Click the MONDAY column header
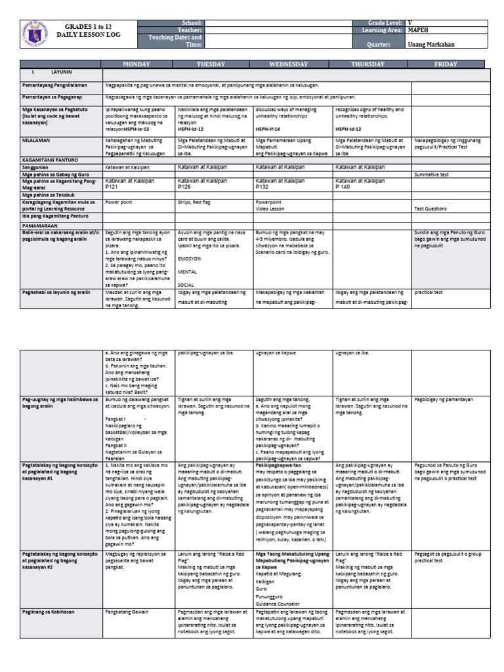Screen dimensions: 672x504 pos(137,64)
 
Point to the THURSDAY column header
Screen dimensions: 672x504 pos(372,64)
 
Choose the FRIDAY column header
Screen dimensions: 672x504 pos(447,64)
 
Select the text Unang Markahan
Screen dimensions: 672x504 pos(431,45)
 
